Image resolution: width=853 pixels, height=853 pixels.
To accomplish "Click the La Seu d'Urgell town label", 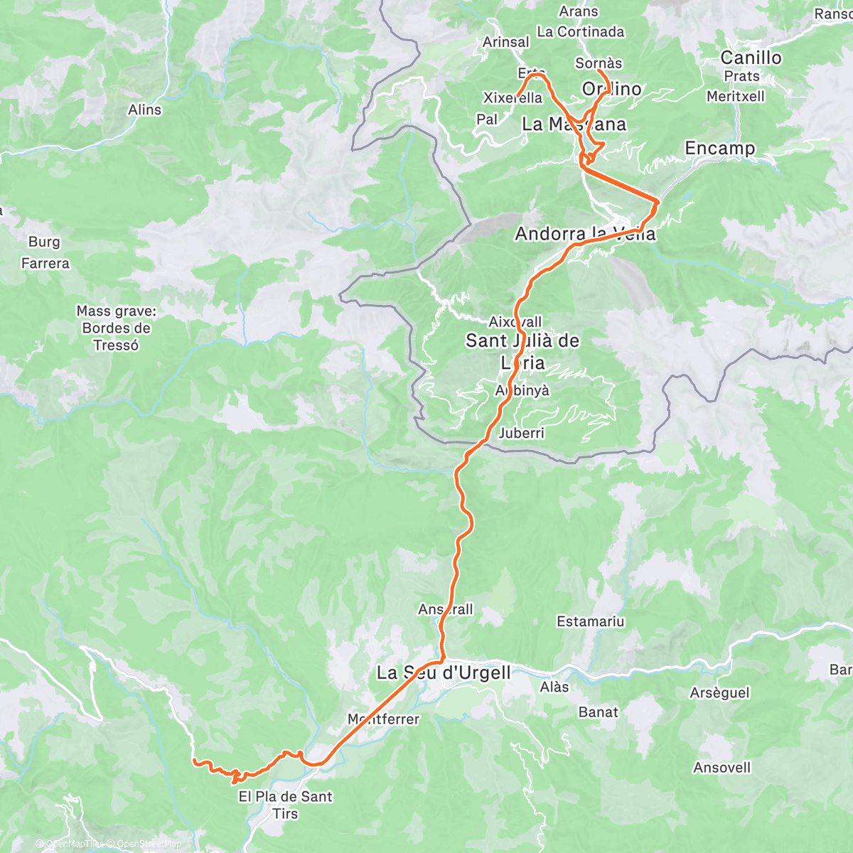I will [444, 672].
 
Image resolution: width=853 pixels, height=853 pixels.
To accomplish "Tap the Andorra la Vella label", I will [585, 234].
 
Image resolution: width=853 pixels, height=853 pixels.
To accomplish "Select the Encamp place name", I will [719, 148].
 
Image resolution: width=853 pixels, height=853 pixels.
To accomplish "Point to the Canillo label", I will [751, 58].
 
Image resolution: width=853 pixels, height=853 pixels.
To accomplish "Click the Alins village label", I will [144, 109].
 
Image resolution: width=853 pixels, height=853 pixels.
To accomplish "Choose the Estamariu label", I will [590, 622].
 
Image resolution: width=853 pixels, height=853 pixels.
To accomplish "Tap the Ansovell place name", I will [721, 767].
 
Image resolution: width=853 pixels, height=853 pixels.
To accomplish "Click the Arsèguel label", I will [719, 692].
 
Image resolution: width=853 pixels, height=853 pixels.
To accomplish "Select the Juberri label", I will [521, 433].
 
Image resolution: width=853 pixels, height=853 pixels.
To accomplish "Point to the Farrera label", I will [45, 264].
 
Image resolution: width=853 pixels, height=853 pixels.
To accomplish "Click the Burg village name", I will [44, 242].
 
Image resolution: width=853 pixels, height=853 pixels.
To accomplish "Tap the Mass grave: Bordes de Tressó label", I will [116, 328].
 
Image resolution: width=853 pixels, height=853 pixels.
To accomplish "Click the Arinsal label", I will [505, 42].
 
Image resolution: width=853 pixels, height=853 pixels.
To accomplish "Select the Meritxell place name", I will [735, 96].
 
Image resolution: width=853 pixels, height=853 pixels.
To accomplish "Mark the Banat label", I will [598, 712].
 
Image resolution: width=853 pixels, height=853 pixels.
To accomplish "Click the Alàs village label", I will [554, 687].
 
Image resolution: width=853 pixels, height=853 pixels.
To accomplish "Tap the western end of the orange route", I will [194, 761].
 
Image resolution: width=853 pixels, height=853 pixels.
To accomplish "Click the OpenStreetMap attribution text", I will [151, 844].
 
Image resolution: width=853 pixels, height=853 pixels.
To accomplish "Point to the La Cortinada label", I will [580, 31].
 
